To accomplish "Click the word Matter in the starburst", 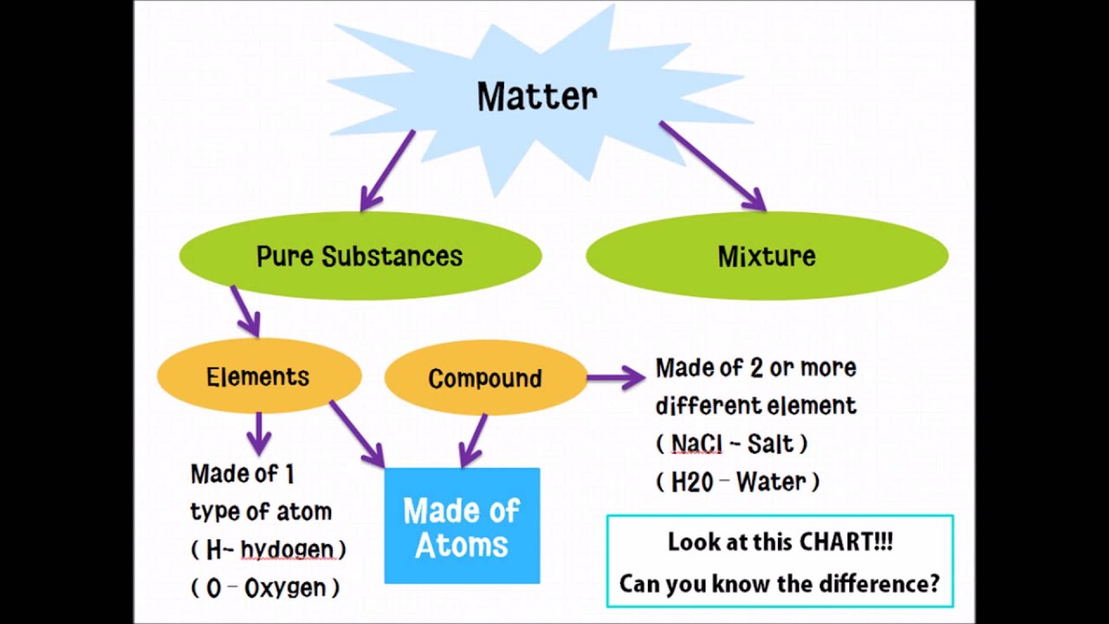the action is [x=537, y=95].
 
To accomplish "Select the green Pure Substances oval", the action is [x=360, y=257].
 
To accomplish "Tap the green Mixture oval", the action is [x=767, y=257].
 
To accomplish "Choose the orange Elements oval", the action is [x=258, y=377].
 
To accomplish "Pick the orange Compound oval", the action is [x=485, y=379].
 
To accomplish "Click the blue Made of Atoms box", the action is [x=462, y=526].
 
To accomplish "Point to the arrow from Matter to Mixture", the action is [x=712, y=166].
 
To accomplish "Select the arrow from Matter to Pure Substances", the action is [x=387, y=171].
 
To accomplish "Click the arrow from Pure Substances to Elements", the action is [x=245, y=310].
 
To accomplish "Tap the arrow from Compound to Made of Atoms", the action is [x=473, y=440].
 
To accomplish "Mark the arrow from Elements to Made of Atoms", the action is [x=356, y=433].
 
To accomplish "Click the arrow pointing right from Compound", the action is [x=615, y=377].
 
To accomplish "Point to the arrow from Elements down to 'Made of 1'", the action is [x=258, y=432].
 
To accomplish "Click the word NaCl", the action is [x=696, y=444].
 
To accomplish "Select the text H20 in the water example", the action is [x=692, y=482].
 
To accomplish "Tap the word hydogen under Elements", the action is [x=287, y=549].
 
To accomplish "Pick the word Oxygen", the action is [x=285, y=588].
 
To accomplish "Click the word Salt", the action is [x=770, y=444].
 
